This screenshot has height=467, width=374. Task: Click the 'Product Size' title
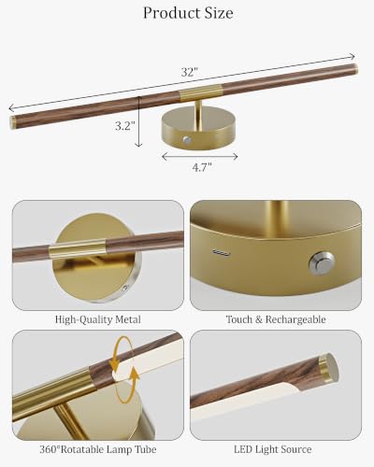tap(188, 13)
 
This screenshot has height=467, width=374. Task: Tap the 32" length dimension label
tap(190, 72)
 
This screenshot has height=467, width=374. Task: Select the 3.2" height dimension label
tap(125, 126)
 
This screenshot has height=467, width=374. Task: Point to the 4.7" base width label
tap(202, 167)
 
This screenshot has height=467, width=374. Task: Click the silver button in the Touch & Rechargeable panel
tap(322, 264)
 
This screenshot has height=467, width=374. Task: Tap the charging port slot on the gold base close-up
tap(222, 252)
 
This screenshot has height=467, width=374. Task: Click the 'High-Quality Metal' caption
tap(98, 319)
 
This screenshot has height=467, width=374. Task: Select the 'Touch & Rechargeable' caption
tap(276, 319)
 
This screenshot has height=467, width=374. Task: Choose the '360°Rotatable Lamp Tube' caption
tap(98, 449)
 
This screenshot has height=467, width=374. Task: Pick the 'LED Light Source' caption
tap(273, 449)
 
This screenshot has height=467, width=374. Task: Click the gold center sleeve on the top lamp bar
tap(201, 92)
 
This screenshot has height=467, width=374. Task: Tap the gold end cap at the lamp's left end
tap(12, 122)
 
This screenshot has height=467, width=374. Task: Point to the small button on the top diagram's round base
tap(187, 140)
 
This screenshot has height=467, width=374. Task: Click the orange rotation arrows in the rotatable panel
tap(124, 369)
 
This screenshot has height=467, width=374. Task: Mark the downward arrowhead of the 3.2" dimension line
tap(138, 144)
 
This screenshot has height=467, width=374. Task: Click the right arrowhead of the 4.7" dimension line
tap(236, 157)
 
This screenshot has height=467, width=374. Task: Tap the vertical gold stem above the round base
tap(198, 115)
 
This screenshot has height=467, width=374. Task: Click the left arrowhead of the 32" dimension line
tap(11, 108)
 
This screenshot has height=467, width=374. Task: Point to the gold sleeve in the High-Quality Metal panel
tap(77, 249)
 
